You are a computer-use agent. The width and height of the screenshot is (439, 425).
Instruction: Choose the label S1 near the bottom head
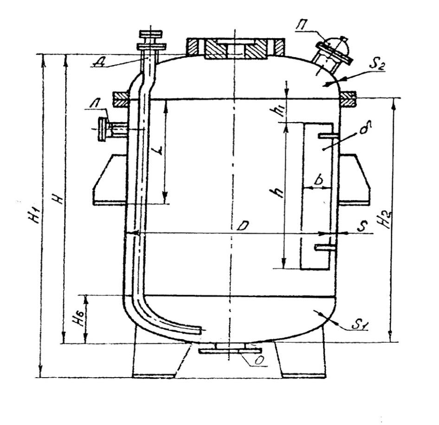[x=356, y=325]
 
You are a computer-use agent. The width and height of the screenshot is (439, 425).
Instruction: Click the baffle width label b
[x=318, y=180]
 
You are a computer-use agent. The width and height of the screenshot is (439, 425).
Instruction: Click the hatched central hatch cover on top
[x=235, y=49]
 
